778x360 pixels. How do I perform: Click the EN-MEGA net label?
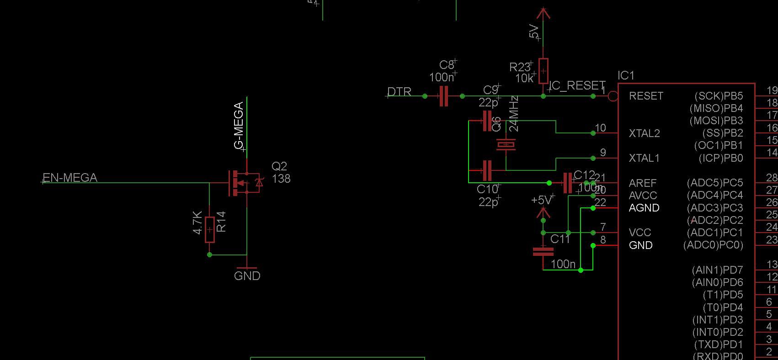tap(70, 178)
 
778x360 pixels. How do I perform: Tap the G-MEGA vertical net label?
tap(239, 125)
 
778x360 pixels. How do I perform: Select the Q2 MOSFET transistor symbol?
tap(245, 183)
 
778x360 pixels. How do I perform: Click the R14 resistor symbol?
tap(209, 229)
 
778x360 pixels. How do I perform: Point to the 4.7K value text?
tap(197, 222)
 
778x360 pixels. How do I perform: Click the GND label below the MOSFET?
tap(247, 276)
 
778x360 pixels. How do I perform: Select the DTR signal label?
tap(399, 92)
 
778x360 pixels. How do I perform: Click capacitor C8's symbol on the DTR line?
tap(443, 96)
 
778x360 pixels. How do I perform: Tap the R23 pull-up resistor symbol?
tap(543, 71)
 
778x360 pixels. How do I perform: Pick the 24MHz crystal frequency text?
tap(514, 114)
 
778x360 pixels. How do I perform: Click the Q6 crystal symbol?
tap(506, 145)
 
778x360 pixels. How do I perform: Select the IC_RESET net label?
tap(577, 85)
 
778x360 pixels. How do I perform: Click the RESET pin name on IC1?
tap(646, 96)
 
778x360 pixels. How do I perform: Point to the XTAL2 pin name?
tap(644, 133)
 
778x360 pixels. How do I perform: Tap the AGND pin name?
tap(644, 208)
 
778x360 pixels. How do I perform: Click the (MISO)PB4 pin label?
tap(716, 108)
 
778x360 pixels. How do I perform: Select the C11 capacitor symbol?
tap(543, 251)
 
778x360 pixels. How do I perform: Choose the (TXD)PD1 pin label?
tap(718, 344)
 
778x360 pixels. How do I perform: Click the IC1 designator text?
tap(626, 75)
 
